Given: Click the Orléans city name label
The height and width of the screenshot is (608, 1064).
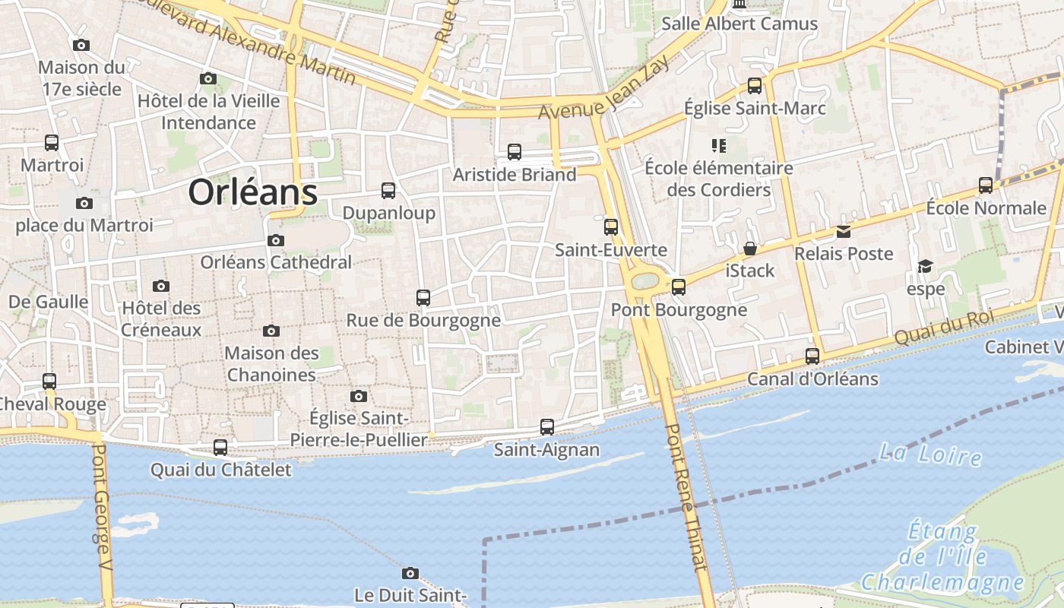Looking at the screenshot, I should [x=252, y=192].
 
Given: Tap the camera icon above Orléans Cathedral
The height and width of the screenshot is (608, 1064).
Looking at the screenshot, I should [x=276, y=241].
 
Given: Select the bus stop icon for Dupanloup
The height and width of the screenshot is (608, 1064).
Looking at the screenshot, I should [x=388, y=191].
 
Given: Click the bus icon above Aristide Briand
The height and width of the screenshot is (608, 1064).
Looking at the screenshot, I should [x=515, y=152].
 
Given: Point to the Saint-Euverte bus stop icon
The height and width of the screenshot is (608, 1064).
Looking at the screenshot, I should [x=611, y=227].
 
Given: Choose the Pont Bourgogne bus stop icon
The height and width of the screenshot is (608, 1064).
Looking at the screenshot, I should [x=679, y=287].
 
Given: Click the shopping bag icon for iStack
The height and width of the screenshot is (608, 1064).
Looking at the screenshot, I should [x=750, y=249].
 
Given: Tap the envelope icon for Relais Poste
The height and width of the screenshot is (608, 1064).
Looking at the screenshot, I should [x=844, y=231].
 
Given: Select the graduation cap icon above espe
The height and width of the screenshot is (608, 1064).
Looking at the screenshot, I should [x=925, y=266].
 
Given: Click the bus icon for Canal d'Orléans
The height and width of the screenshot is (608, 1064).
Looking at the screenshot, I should [x=812, y=356].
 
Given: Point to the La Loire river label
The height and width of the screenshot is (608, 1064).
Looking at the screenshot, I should [x=929, y=454].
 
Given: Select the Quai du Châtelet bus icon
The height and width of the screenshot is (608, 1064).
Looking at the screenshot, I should [x=220, y=448].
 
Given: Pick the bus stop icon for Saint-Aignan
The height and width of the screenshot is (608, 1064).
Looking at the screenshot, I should [x=547, y=427].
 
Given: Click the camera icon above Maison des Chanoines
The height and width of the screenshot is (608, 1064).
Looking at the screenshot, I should [x=271, y=331].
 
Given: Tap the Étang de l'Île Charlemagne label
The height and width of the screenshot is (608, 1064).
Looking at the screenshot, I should [x=942, y=557].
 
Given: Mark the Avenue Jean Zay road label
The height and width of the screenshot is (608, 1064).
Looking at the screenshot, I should [x=605, y=89].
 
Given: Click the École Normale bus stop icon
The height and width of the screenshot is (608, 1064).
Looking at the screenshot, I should [x=986, y=185].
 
